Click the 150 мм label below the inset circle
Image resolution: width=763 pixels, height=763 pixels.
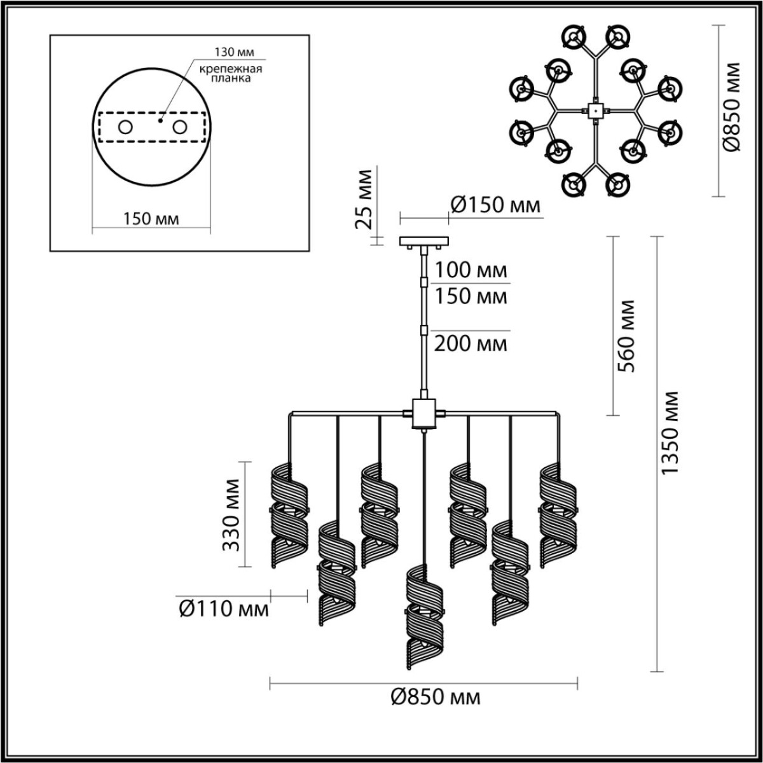click(x=151, y=219)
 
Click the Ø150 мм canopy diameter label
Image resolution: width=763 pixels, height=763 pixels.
click(x=495, y=205)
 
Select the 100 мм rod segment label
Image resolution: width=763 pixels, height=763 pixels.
click(x=471, y=270)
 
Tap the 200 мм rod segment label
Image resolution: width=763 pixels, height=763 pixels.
click(x=471, y=344)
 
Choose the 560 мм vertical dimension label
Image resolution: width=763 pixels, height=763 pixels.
click(x=626, y=335)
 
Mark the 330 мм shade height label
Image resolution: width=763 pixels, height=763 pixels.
click(x=232, y=514)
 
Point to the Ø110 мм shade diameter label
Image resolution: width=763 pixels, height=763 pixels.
click(x=223, y=609)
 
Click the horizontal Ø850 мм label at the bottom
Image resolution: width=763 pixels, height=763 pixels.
click(x=435, y=698)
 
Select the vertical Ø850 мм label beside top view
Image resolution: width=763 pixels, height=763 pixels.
click(x=732, y=107)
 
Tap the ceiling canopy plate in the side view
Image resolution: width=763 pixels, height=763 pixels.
click(x=423, y=241)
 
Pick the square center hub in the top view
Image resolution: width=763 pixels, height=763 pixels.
click(x=595, y=110)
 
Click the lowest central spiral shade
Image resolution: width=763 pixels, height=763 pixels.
click(x=423, y=617)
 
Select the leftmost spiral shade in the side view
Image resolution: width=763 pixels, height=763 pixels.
click(x=289, y=515)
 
